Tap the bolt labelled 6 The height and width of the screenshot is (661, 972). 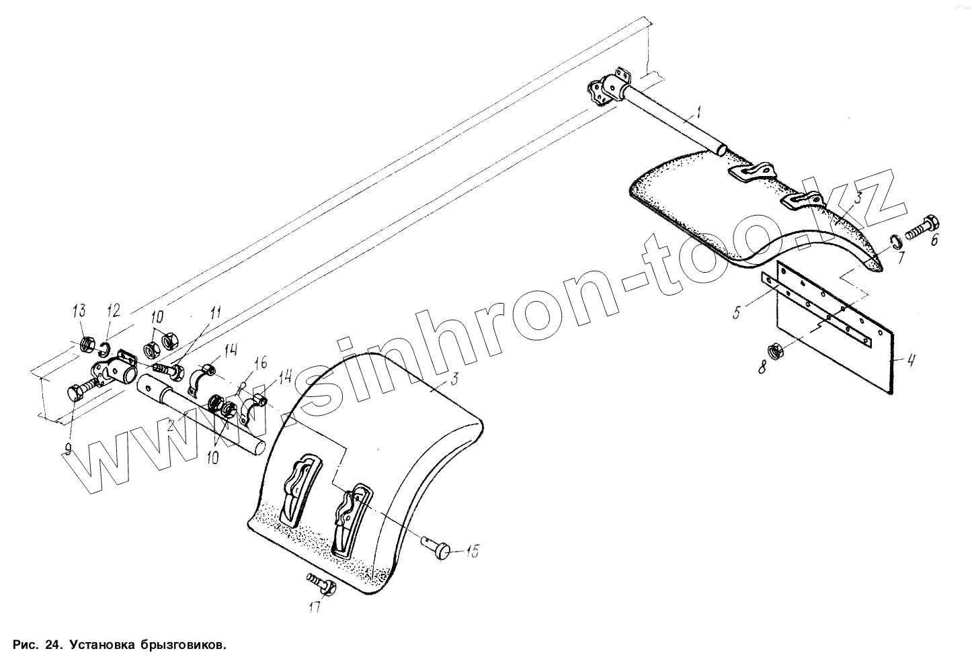coord(921,228)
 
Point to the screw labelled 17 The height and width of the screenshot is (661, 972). coord(320,582)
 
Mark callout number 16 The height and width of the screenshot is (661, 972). coord(259,364)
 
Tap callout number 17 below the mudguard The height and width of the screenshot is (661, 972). coord(315,607)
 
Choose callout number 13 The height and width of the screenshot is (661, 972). coord(79,310)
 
